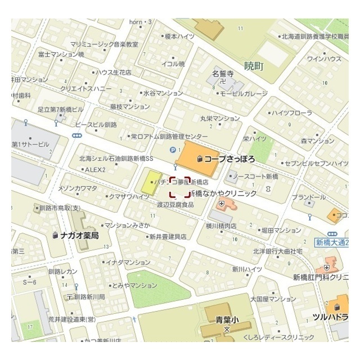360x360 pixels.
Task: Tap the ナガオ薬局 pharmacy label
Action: (x=79, y=235)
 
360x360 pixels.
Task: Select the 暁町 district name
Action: (x=254, y=66)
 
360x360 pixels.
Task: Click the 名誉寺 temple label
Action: (x=222, y=74)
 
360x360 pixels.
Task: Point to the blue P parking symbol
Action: (x=173, y=149)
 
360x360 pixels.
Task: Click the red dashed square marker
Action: (x=179, y=187)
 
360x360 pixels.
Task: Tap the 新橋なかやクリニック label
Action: (x=223, y=193)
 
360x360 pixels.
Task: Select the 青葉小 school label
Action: (x=227, y=319)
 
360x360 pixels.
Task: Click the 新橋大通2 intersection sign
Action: (x=332, y=242)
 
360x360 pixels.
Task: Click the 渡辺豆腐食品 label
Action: (x=175, y=205)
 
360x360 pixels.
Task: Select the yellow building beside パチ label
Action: (x=150, y=182)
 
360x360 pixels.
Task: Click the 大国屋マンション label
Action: (x=273, y=299)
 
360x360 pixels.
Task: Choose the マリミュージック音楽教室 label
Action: (x=105, y=44)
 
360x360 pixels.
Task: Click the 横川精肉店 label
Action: (x=220, y=226)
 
